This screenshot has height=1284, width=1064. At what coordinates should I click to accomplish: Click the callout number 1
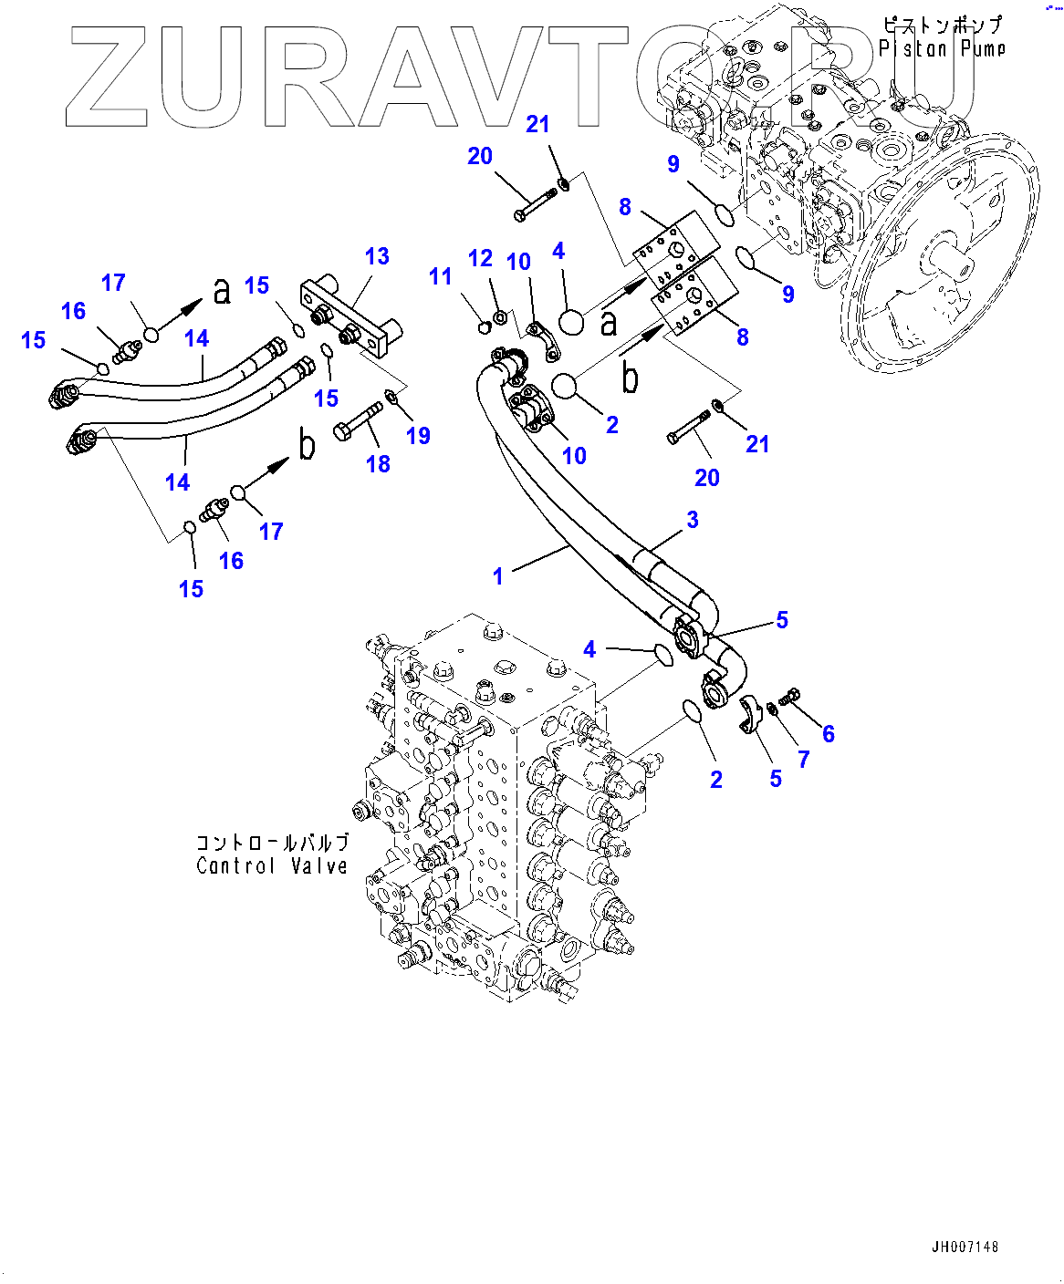498,576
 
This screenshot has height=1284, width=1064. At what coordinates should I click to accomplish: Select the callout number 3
693,520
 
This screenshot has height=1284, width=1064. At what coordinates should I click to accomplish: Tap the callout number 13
377,257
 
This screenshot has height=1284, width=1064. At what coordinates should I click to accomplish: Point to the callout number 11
441,276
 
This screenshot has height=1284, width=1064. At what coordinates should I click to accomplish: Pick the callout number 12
480,259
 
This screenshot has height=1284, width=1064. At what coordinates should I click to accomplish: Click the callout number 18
378,464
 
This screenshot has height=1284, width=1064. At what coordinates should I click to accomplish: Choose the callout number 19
418,436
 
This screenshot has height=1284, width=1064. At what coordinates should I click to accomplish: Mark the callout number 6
828,734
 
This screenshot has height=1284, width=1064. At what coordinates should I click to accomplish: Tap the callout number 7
803,759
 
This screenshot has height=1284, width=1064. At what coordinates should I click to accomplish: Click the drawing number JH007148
965,1247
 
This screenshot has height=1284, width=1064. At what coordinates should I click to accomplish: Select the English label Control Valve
272,866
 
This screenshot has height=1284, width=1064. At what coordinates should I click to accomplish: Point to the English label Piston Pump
942,48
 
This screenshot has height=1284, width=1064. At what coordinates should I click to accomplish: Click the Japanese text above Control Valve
272,842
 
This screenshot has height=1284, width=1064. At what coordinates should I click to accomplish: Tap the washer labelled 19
391,396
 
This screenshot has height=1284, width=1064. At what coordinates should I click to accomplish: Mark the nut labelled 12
500,317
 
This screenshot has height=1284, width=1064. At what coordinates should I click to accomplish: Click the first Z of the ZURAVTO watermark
107,78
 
